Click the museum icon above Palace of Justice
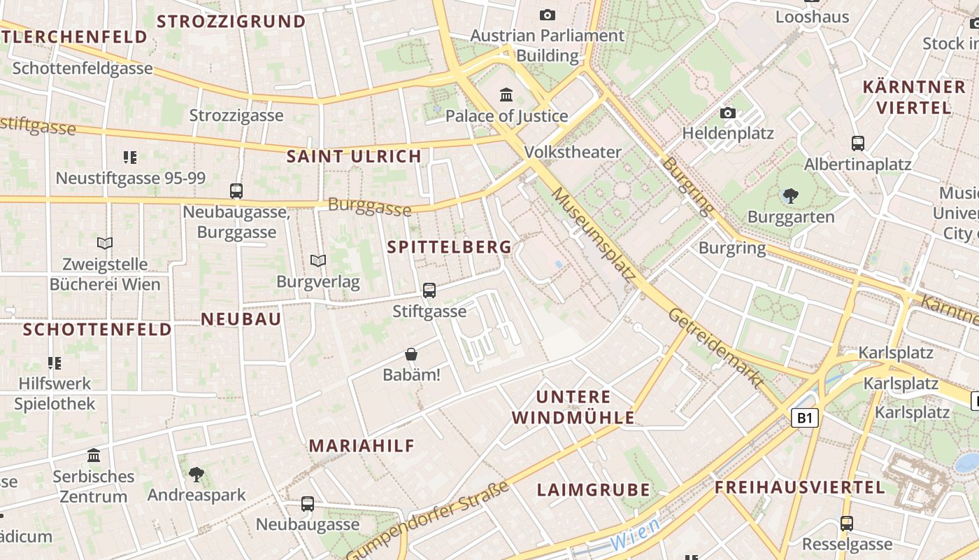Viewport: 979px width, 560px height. [x=506, y=94]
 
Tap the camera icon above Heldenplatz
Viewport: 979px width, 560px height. [x=728, y=113]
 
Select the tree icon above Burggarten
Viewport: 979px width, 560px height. [x=791, y=196]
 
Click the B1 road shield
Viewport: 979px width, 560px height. [x=805, y=419]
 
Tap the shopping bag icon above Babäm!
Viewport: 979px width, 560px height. [x=411, y=355]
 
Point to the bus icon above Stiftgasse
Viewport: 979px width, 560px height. [x=429, y=290]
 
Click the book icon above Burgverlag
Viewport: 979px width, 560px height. [x=318, y=261]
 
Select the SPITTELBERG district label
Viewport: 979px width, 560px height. [x=450, y=247]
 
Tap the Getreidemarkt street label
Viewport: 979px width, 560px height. [x=715, y=348]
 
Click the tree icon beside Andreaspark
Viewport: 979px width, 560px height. [x=196, y=475]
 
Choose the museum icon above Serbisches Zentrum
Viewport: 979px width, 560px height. [x=94, y=456]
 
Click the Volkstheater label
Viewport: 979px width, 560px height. [x=573, y=152]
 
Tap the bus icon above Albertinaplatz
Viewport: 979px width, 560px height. [x=858, y=143]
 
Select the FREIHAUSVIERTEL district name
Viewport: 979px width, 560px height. [x=800, y=488]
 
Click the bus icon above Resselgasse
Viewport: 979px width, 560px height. [x=847, y=524]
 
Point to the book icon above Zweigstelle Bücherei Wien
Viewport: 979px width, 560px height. [x=105, y=243]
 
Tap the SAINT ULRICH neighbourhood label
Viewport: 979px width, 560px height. [x=355, y=156]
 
